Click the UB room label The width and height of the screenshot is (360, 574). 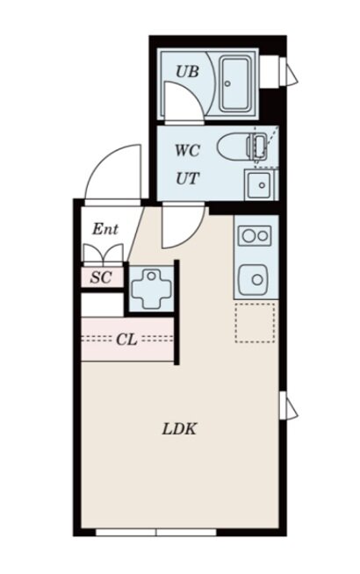(187, 71)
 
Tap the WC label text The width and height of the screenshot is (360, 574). (187, 150)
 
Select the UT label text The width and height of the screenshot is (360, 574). (187, 179)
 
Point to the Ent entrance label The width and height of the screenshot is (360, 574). (105, 229)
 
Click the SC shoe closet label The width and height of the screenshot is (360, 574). (101, 277)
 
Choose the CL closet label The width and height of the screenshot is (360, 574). (126, 340)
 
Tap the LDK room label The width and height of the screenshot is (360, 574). (179, 428)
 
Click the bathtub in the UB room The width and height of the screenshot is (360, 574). (235, 84)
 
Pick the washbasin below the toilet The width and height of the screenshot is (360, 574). (260, 184)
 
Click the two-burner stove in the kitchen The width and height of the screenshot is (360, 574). (255, 236)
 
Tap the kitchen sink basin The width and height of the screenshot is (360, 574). (253, 280)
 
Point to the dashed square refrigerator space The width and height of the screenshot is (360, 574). (255, 323)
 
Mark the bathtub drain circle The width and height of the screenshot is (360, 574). (227, 83)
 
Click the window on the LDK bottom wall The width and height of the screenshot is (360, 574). (156, 532)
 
